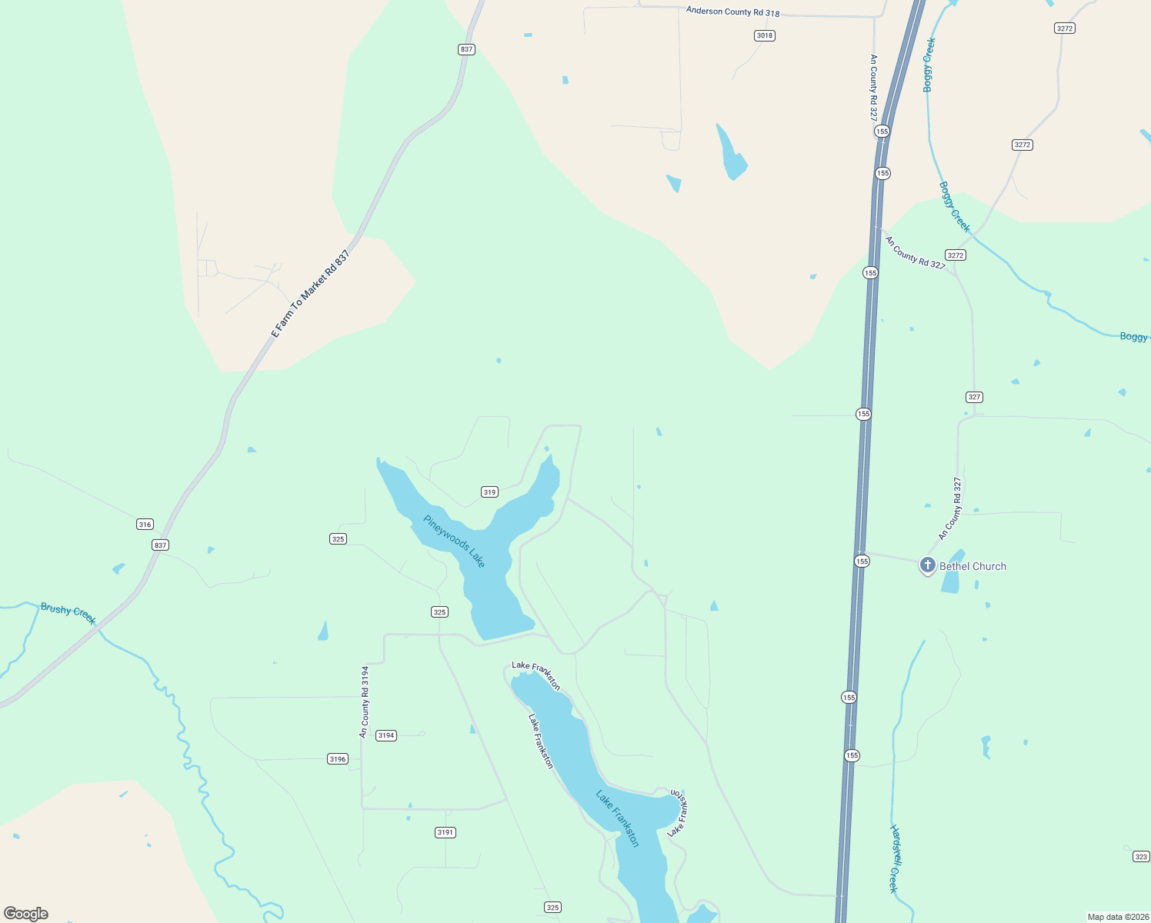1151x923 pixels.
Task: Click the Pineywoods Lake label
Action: pyautogui.click(x=455, y=541)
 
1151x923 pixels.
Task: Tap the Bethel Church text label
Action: pyautogui.click(x=973, y=566)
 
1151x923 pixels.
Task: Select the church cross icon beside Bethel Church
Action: pyautogui.click(x=928, y=565)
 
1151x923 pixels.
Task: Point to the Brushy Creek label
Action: pyautogui.click(x=68, y=612)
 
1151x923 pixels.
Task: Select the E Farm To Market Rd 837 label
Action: pyautogui.click(x=311, y=294)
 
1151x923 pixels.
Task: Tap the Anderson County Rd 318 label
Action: pyautogui.click(x=732, y=12)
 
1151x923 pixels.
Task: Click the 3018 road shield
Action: pyautogui.click(x=764, y=35)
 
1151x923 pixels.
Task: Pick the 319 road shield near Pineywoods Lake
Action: pyautogui.click(x=489, y=492)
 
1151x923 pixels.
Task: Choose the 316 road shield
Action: pyautogui.click(x=145, y=525)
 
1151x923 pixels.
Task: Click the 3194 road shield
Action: pyautogui.click(x=386, y=735)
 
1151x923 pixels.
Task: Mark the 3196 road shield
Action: pyautogui.click(x=338, y=759)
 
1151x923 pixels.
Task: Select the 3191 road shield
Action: pyautogui.click(x=445, y=832)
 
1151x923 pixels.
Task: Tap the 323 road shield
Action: pyautogui.click(x=1141, y=857)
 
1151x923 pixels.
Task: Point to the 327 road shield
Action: pyautogui.click(x=974, y=397)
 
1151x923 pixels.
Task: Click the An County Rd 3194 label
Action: pyautogui.click(x=365, y=702)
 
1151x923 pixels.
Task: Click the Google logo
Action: pyautogui.click(x=26, y=914)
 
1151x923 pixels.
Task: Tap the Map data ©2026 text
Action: pyautogui.click(x=1118, y=917)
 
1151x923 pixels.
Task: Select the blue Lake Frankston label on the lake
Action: pyautogui.click(x=617, y=818)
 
